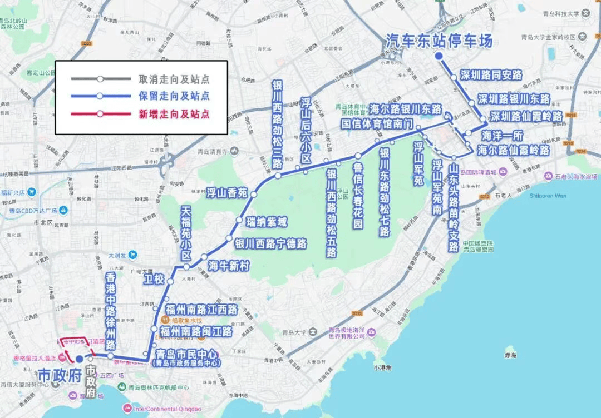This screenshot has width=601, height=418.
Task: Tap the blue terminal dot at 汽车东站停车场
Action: [439, 56]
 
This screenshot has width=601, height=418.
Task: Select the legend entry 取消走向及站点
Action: [174, 79]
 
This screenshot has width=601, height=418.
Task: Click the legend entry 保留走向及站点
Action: [174, 96]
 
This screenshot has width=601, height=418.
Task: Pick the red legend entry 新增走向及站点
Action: [174, 115]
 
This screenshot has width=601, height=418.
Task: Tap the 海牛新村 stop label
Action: [228, 266]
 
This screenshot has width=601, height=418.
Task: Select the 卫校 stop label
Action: [154, 279]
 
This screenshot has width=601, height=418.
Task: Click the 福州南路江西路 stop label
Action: [201, 310]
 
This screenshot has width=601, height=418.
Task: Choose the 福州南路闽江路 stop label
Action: [196, 332]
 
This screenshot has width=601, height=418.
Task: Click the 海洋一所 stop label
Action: [502, 135]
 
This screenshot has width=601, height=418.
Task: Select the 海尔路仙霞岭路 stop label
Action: [513, 150]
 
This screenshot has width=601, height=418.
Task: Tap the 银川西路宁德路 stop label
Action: [270, 243]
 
